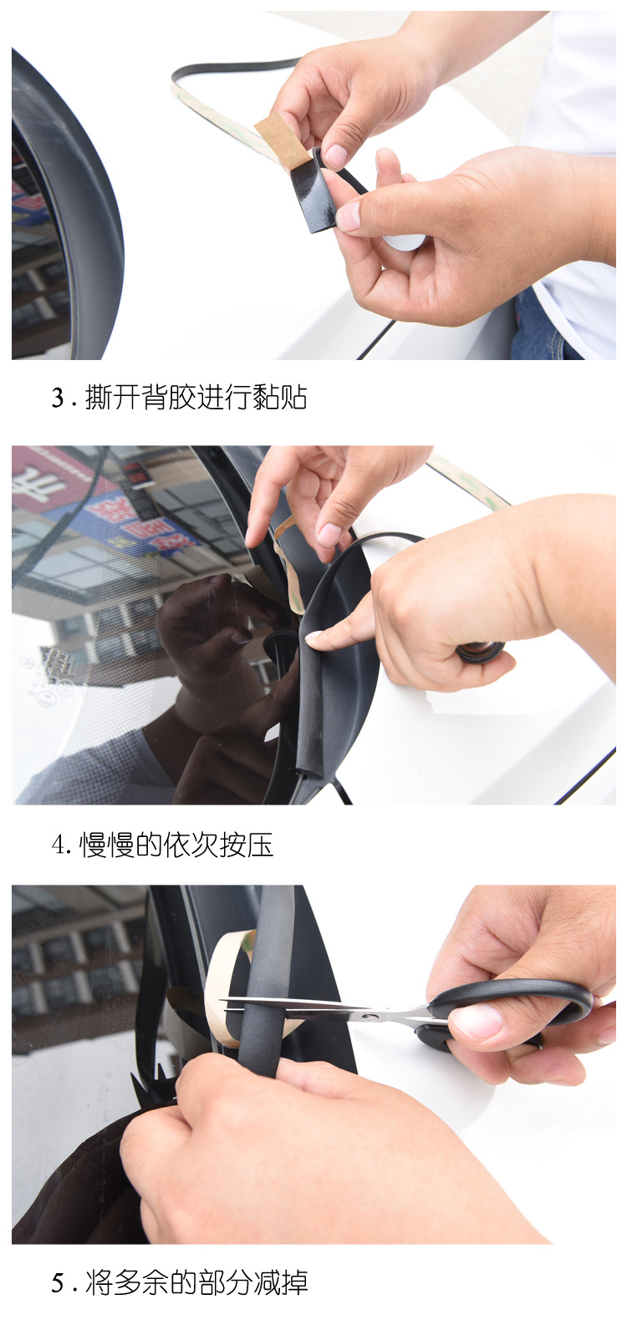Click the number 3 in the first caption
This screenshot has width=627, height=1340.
(x=58, y=398)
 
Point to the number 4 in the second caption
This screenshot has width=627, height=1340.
(x=58, y=845)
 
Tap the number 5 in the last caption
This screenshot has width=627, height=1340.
(x=58, y=1282)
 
